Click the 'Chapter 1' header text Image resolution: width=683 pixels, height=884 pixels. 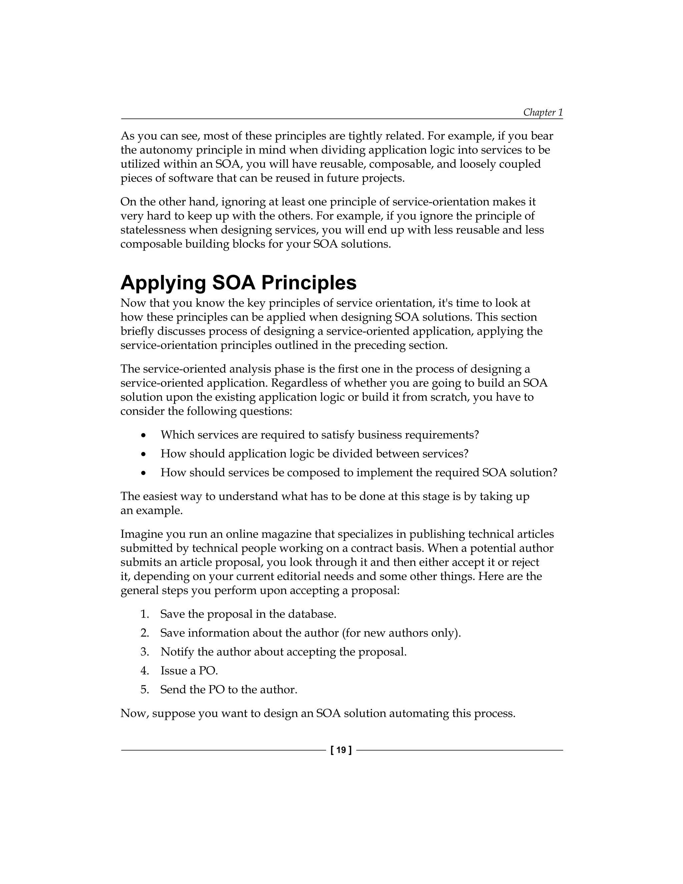click(x=543, y=112)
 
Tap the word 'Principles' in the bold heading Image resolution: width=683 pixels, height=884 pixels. click(x=309, y=283)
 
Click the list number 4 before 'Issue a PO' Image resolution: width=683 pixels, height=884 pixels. click(x=144, y=671)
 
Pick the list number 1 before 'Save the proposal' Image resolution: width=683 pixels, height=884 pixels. click(x=144, y=614)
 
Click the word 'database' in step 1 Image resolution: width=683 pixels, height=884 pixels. click(x=311, y=614)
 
